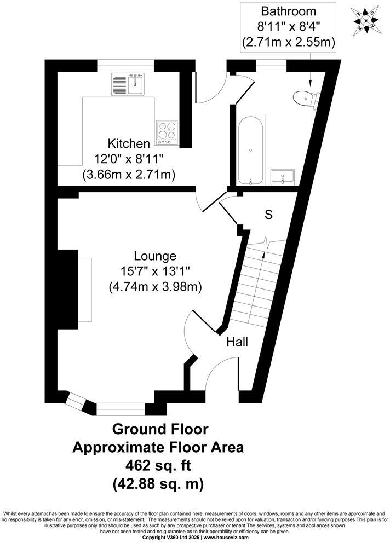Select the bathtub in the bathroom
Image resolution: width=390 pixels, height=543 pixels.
[251, 149]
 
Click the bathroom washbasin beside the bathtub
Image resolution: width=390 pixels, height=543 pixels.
[283, 177]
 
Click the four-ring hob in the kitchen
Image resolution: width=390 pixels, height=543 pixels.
[167, 132]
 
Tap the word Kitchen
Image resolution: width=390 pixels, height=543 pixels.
[129, 144]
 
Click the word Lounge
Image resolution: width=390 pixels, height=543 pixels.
[155, 256]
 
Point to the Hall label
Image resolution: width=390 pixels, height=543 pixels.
[237, 342]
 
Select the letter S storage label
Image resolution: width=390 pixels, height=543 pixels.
[268, 215]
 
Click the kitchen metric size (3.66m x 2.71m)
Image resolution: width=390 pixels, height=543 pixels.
[129, 175]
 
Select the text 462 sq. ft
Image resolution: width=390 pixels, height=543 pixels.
[158, 465]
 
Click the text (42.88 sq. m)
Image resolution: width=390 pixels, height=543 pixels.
[158, 484]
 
